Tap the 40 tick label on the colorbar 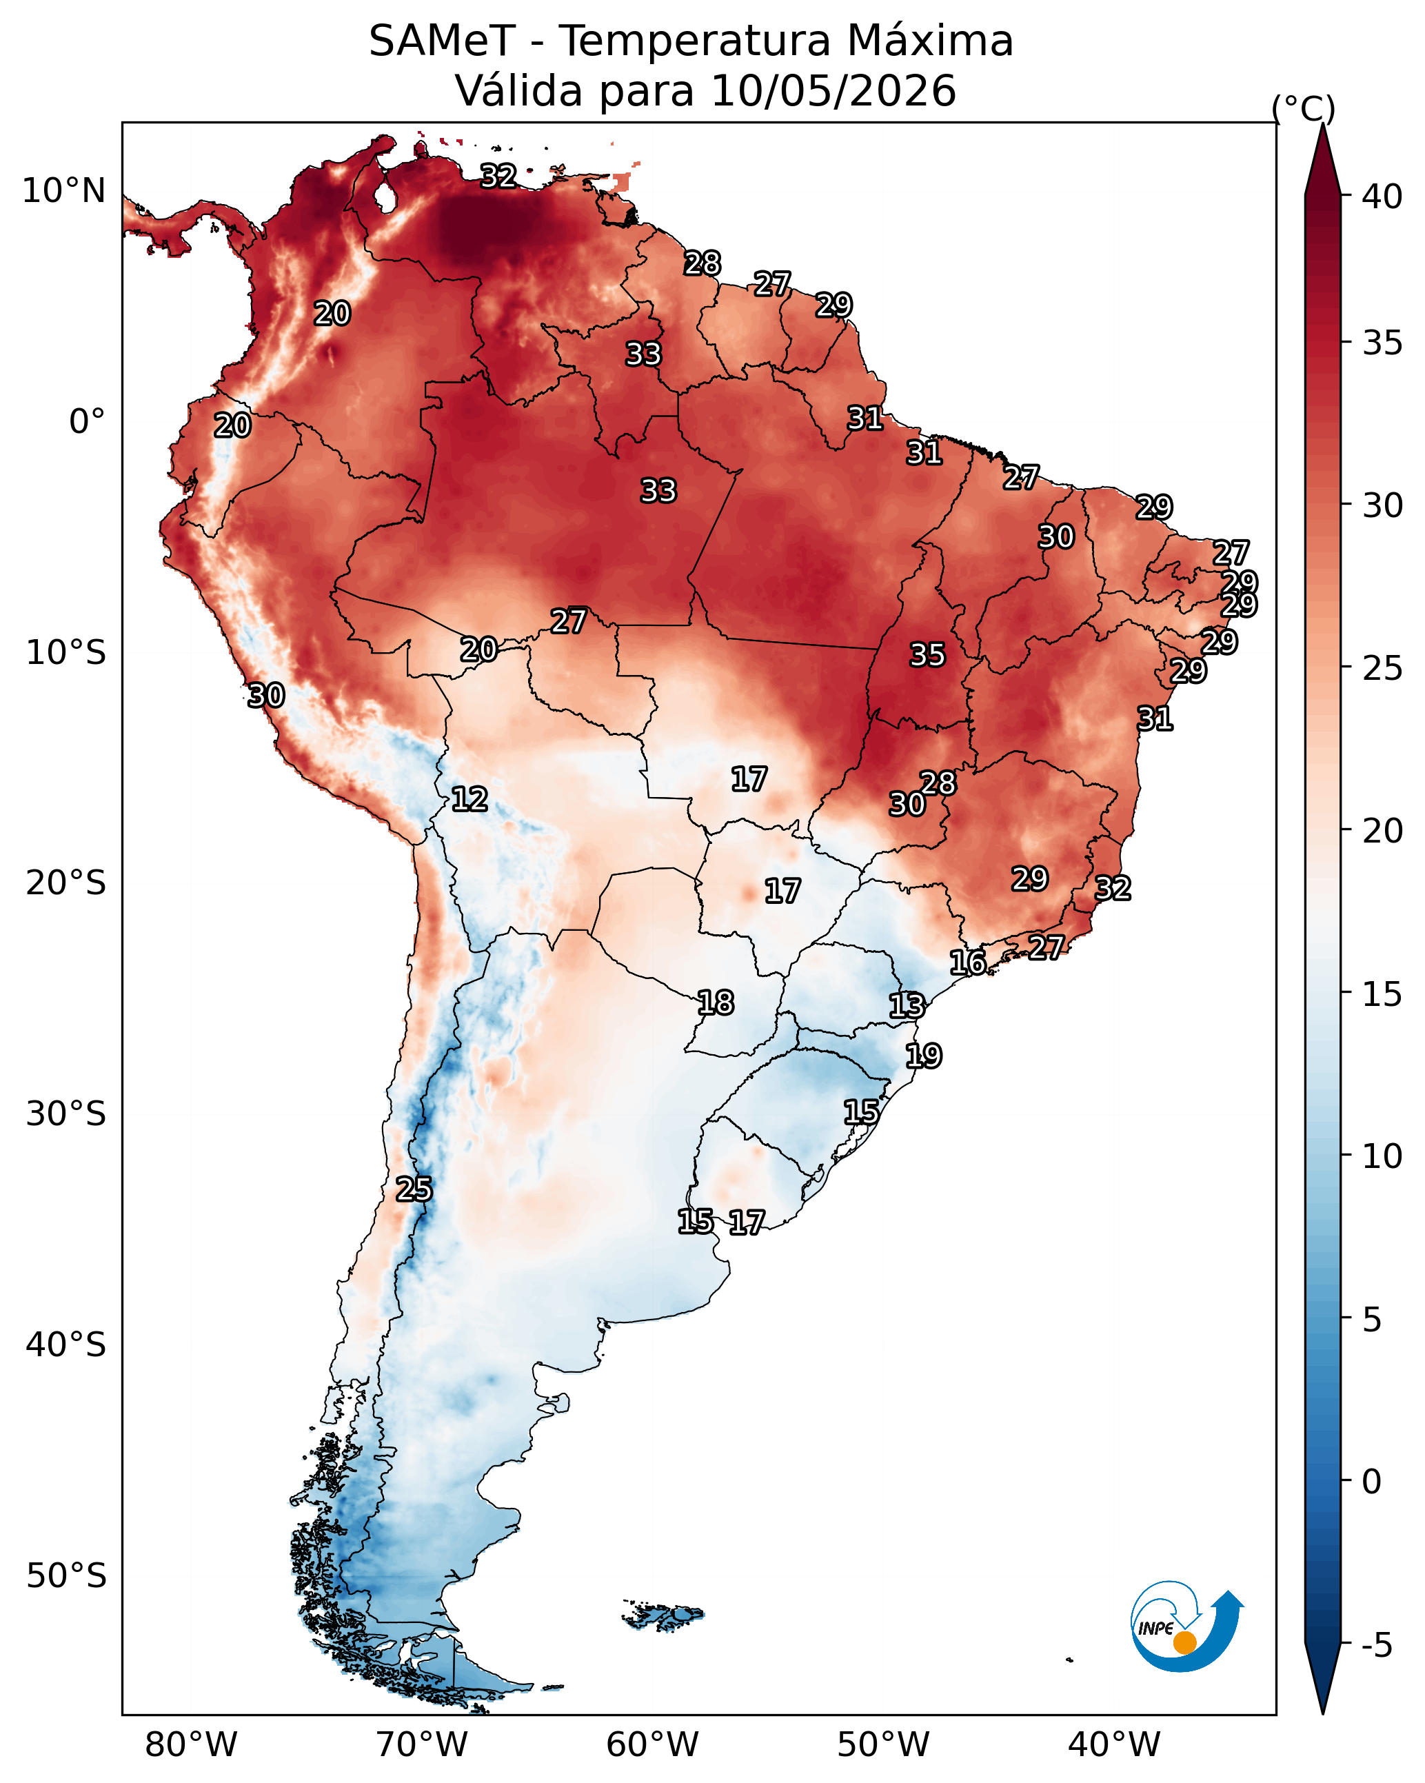tap(1382, 197)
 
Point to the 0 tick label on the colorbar tap(1371, 1482)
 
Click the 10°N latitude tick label tap(63, 191)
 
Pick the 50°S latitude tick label tap(66, 1576)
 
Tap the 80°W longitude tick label tap(191, 1745)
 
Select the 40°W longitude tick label tap(1114, 1745)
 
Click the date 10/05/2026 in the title tap(833, 90)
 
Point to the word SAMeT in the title tap(443, 41)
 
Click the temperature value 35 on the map tap(927, 655)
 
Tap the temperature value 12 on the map tap(469, 799)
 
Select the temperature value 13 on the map tap(907, 1006)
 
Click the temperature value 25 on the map tap(414, 1189)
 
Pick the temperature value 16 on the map tap(968, 963)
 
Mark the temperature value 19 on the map tap(923, 1056)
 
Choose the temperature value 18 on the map tap(716, 1003)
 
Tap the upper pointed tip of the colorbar tap(1322, 125)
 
